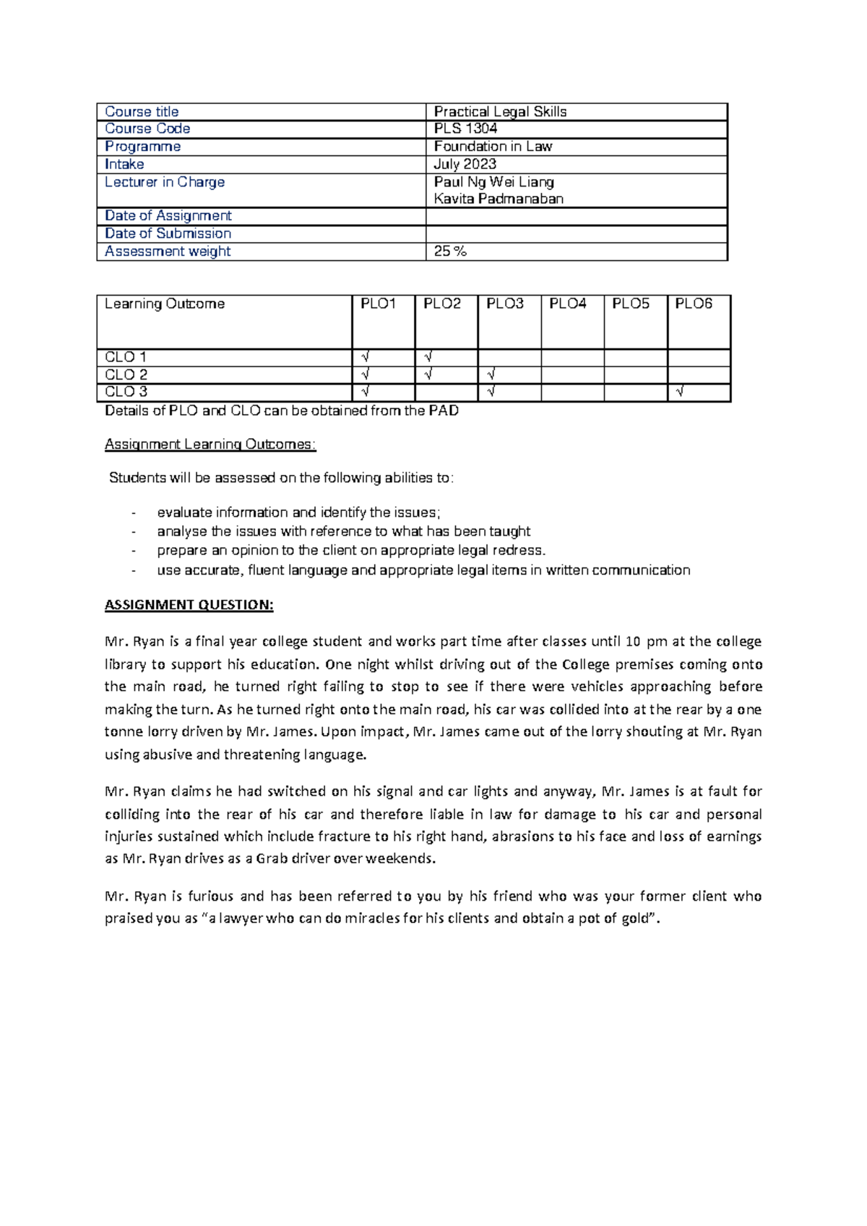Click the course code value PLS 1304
tap(465, 129)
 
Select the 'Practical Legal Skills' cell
tap(500, 111)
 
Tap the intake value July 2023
tap(465, 164)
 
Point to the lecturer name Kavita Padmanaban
tap(499, 199)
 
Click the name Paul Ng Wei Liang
tap(494, 181)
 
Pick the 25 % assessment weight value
tap(450, 251)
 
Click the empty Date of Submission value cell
tap(576, 233)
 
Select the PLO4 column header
tap(568, 304)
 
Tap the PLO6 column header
tap(694, 304)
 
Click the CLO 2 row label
tap(126, 374)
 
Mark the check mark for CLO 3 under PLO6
tap(679, 393)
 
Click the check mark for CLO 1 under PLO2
tap(428, 357)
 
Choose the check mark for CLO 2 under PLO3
tap(491, 374)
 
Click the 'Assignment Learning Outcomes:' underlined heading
tap(210, 444)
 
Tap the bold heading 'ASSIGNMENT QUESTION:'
tap(189, 605)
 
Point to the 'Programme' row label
tap(142, 146)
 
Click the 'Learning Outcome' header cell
tap(165, 304)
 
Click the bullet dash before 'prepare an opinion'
tap(134, 551)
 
